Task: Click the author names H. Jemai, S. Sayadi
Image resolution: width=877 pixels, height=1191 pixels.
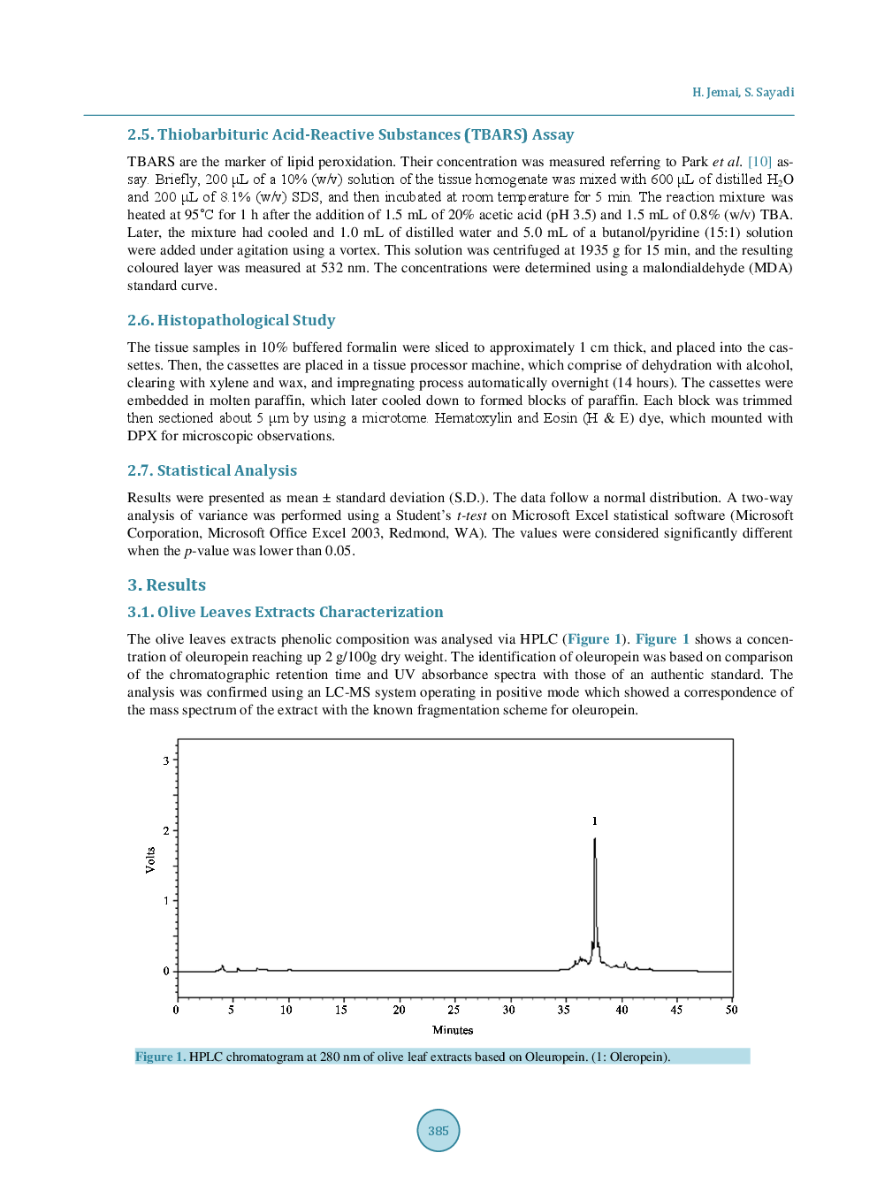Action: pos(743,92)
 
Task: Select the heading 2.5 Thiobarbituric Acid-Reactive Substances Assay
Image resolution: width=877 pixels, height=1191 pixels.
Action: pos(350,134)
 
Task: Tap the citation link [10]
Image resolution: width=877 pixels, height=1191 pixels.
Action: pos(759,162)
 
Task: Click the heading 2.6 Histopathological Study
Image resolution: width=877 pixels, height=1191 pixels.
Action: pos(231,320)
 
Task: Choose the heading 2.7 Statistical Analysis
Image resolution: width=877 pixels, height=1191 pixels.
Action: pos(211,470)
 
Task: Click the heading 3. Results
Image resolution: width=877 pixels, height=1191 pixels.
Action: pos(166,584)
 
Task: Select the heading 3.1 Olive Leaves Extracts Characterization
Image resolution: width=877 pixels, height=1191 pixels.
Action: pos(285,612)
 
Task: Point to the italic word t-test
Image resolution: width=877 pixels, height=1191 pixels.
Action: pos(471,515)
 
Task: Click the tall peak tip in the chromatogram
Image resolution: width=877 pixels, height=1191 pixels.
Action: pos(595,839)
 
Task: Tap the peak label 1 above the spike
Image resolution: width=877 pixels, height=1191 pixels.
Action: pos(595,821)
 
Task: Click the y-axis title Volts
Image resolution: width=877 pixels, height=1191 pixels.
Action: pos(150,860)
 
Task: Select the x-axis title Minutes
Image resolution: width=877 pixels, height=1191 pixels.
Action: pos(453,1030)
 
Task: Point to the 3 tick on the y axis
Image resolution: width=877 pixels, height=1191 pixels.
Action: pos(166,760)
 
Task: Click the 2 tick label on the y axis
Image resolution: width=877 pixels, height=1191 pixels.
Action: pos(166,830)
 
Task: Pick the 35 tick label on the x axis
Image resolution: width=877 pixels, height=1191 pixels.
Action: pos(564,1010)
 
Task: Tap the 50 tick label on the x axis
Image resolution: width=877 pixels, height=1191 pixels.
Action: pos(731,1010)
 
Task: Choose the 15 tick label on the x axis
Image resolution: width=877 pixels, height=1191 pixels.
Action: pos(341,1010)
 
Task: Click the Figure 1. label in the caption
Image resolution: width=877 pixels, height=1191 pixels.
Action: pos(160,1057)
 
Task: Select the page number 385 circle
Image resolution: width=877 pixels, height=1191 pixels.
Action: pos(438,1130)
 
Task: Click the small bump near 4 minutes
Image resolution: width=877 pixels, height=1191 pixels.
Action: pos(222,966)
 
